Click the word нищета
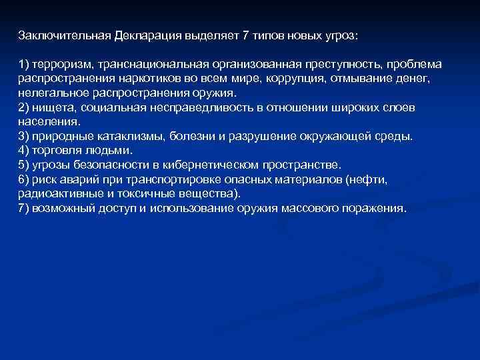(50, 107)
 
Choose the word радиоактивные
(53, 194)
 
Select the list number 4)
(25, 150)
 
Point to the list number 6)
(25, 179)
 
